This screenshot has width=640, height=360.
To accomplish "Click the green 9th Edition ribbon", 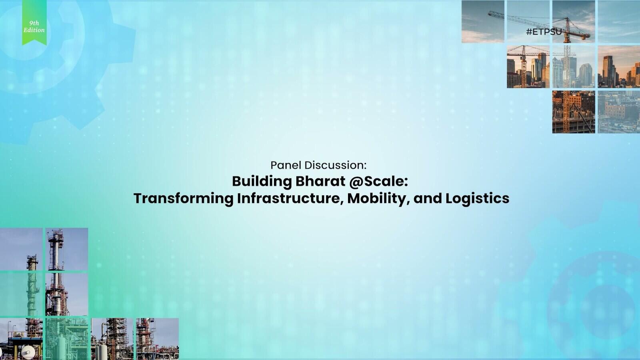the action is point(34,22).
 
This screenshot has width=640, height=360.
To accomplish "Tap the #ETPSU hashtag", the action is point(544,32).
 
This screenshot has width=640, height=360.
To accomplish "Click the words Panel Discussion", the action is point(318,165).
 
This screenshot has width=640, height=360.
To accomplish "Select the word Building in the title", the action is point(262,182).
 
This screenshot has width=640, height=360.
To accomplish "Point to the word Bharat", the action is point(320,181).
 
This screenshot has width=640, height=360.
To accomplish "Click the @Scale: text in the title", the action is point(378,182).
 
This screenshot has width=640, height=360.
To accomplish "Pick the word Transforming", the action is point(184,198).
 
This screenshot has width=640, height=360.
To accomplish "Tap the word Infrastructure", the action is point(290,198).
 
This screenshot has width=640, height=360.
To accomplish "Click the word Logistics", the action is point(477,198).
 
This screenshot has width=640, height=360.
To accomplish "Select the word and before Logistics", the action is point(428,198).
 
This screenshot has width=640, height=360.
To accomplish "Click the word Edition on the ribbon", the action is point(34,30).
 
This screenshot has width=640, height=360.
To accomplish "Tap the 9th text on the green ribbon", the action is point(34,23).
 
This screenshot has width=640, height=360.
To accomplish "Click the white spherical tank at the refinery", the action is point(28,352).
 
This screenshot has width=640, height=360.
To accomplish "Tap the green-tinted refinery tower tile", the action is point(22,294).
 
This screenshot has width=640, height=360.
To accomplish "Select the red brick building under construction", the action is point(574,112).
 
